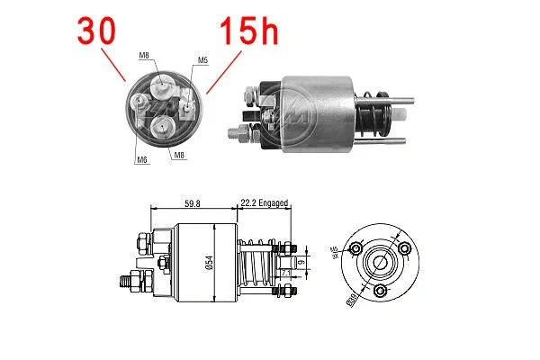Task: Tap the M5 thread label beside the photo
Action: tap(202, 60)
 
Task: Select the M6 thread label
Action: tap(142, 159)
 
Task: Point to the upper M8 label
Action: tap(144, 56)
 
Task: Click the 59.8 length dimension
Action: tap(193, 203)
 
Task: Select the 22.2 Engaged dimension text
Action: tap(264, 203)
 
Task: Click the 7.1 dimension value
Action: tap(284, 272)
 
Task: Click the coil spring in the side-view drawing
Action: tap(256, 265)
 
